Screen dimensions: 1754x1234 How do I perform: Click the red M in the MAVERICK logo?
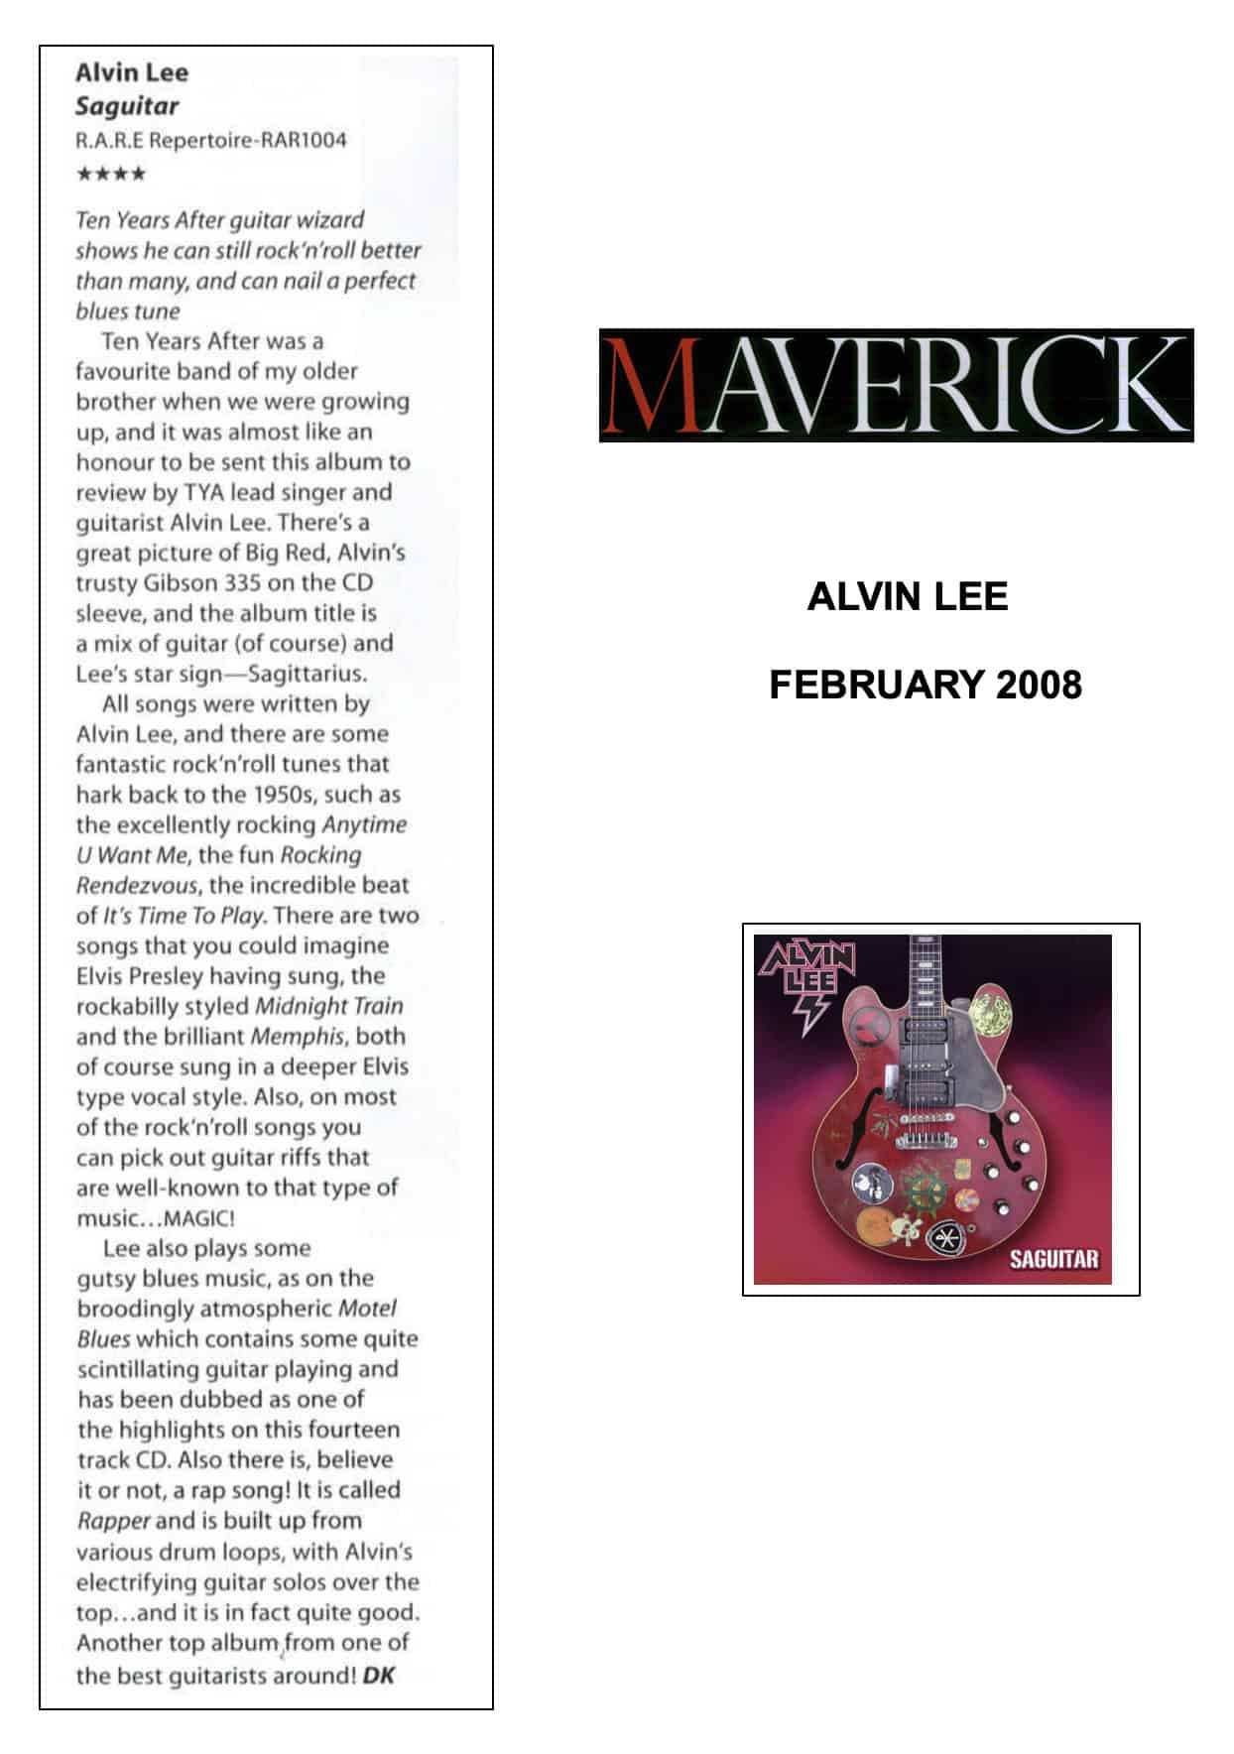click(x=649, y=385)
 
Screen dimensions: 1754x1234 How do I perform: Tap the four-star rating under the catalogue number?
click(x=111, y=175)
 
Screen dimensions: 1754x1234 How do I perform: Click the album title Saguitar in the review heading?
click(x=127, y=106)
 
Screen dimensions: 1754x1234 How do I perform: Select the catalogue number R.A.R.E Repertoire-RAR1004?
click(x=211, y=140)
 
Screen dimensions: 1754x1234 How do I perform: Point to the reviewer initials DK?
click(x=379, y=1676)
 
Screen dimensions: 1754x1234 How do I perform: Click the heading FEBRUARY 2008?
click(x=925, y=685)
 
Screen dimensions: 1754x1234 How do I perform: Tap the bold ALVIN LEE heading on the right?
click(x=907, y=596)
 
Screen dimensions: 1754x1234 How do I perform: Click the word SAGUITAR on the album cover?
click(x=1053, y=1259)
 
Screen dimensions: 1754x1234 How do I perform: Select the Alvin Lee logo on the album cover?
click(x=806, y=977)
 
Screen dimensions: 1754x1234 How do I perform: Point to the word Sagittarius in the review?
click(x=308, y=674)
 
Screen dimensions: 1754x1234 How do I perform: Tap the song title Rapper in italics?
click(x=113, y=1521)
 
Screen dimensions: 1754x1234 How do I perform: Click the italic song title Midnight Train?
click(x=329, y=1006)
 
